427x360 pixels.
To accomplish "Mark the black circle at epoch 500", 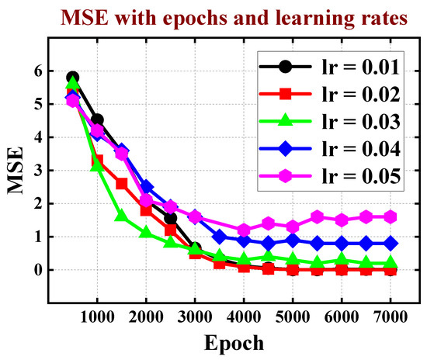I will tap(73, 78).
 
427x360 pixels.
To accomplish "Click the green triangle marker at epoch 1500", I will tap(122, 216).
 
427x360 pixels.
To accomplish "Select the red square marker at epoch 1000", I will tap(97, 161).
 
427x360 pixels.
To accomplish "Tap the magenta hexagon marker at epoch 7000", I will tap(390, 216).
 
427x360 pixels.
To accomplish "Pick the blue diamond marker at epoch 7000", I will tap(390, 243).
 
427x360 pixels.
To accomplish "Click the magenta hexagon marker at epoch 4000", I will tap(244, 230).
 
